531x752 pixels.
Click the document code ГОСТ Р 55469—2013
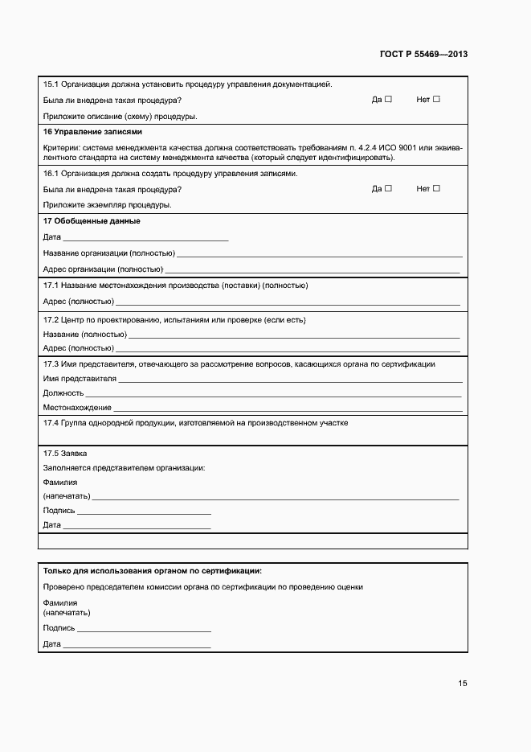tap(423, 55)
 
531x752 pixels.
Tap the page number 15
tap(463, 684)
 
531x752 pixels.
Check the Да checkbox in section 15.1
tap(388, 100)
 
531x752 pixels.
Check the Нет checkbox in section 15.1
tap(436, 100)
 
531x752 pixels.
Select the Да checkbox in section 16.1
tap(388, 189)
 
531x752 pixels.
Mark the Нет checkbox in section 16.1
tap(436, 189)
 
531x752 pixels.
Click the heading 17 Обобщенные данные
tap(91, 221)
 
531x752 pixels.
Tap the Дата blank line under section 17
tap(145, 240)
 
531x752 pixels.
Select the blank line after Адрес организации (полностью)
tap(313, 271)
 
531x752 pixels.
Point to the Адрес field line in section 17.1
tap(288, 304)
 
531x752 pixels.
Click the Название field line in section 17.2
tap(294, 336)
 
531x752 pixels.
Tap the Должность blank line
tap(273, 395)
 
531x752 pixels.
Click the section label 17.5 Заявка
tap(65, 453)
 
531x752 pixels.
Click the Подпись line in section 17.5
tap(145, 512)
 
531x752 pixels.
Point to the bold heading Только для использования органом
tap(152, 571)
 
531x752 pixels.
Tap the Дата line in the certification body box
tap(137, 647)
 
